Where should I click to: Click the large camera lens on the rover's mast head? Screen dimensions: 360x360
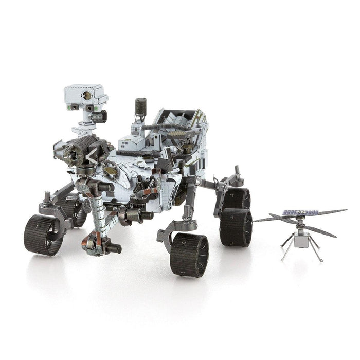(88, 95)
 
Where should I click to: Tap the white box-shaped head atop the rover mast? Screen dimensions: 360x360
(85, 95)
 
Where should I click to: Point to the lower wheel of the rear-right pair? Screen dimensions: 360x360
(235, 227)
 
